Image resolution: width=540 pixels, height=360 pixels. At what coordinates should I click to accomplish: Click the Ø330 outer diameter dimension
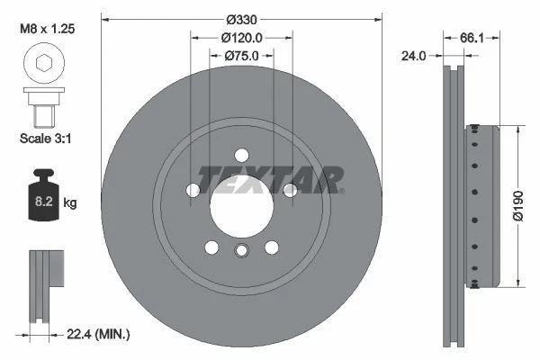240,19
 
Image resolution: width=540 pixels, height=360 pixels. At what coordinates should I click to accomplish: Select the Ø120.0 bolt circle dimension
240,38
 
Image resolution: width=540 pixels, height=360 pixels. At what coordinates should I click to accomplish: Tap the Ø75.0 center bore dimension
240,56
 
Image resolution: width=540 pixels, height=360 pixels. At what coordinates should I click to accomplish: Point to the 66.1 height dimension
467,38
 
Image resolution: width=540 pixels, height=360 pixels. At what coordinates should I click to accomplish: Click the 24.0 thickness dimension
414,56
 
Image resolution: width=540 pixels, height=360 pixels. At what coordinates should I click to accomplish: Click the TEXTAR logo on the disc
269,180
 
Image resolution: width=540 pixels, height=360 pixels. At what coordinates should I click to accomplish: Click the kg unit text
70,203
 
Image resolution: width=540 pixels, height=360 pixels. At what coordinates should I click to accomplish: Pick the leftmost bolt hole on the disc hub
193,190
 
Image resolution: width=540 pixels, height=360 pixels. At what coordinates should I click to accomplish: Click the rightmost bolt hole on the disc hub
290,190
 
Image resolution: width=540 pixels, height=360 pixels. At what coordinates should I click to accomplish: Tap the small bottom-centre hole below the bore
240,251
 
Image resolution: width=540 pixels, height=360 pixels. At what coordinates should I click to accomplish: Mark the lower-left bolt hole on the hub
211,247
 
